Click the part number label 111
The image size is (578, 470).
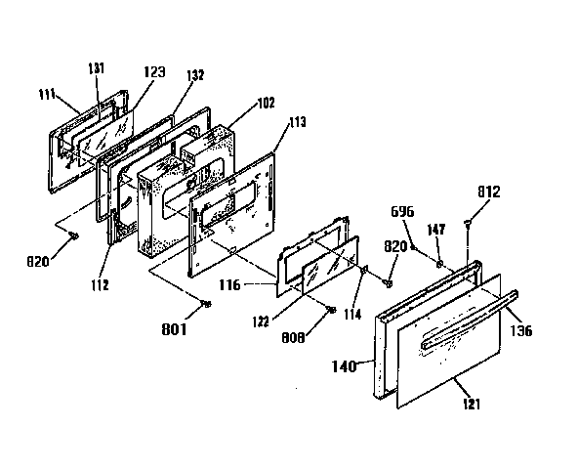tap(47, 94)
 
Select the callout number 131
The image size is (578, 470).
tap(97, 68)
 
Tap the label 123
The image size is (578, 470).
tap(154, 71)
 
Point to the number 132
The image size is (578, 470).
tap(195, 75)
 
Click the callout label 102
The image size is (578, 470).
tap(267, 103)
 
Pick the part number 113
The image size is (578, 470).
tap(298, 122)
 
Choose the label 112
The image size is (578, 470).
tap(100, 284)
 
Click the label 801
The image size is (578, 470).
tap(174, 328)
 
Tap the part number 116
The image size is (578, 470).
tap(229, 284)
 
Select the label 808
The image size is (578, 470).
tap(294, 337)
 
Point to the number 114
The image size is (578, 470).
tap(352, 314)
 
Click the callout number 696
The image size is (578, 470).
tap(402, 211)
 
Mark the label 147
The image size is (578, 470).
tap(436, 230)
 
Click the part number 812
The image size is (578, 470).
tap(489, 192)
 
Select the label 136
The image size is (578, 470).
tap(521, 330)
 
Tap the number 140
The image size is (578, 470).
tap(345, 366)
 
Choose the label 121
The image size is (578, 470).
tap(472, 404)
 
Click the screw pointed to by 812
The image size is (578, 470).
tap(468, 223)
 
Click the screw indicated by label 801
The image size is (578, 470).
tap(207, 304)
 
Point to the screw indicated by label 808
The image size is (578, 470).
tap(331, 310)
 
